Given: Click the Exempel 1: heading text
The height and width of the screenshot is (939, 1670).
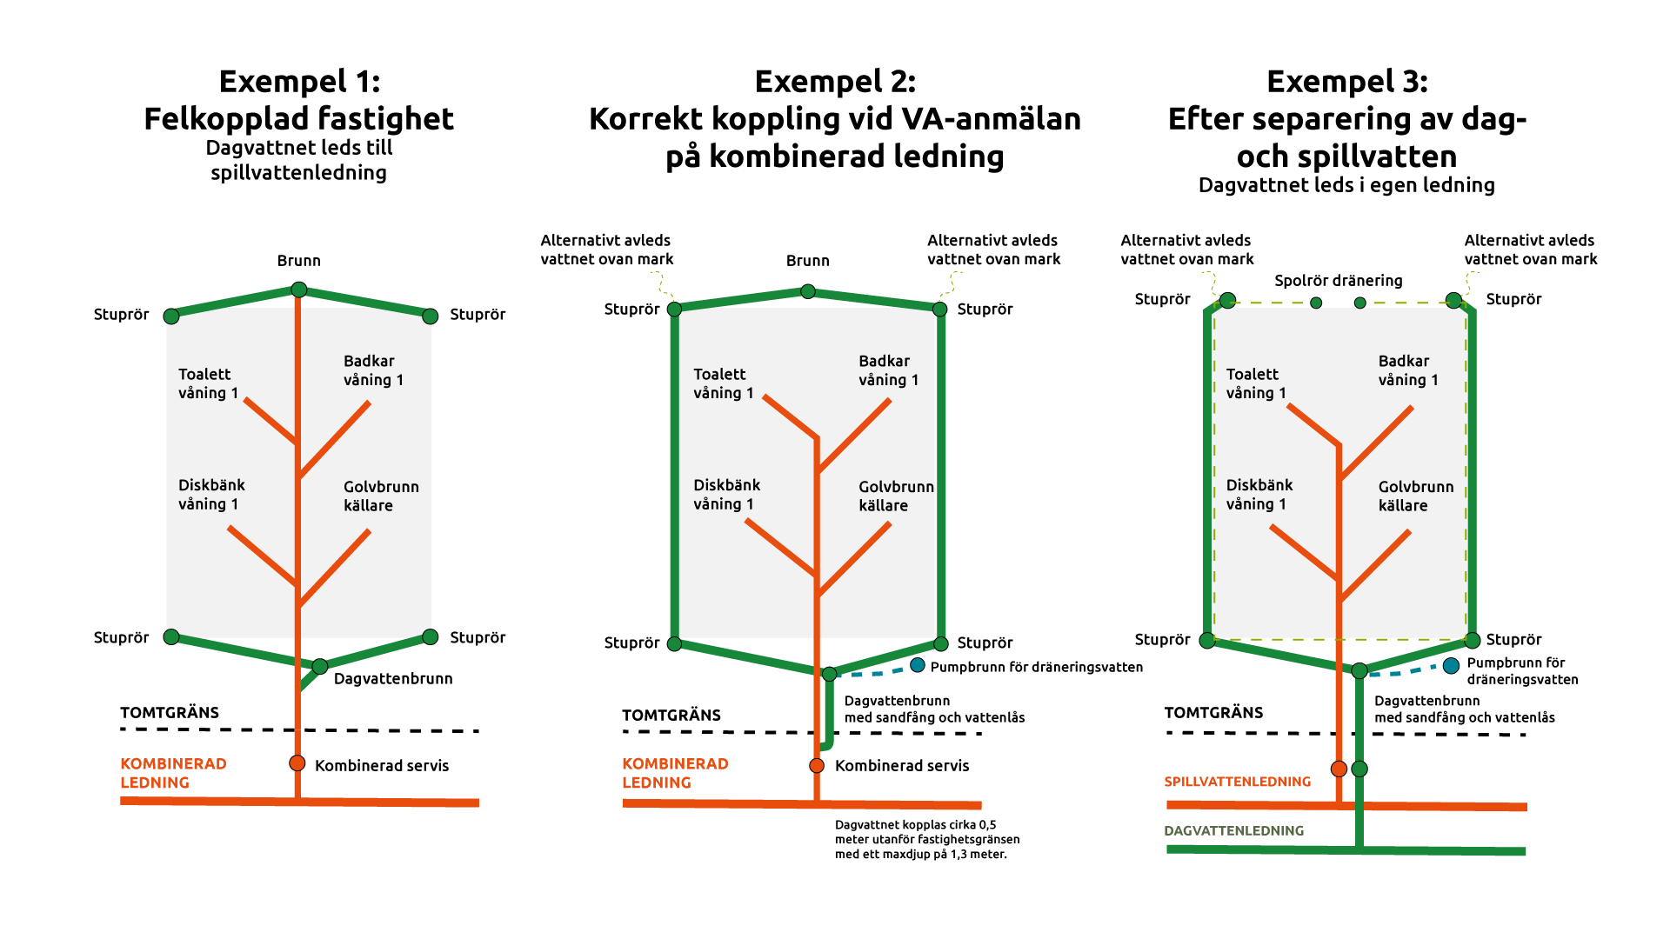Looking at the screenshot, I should tap(299, 82).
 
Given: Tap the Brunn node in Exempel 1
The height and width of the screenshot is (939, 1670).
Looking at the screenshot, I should tap(298, 290).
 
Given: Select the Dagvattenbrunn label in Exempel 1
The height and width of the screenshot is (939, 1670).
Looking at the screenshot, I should tap(393, 678).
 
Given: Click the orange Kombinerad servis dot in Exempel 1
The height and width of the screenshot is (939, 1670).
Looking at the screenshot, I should tap(297, 763).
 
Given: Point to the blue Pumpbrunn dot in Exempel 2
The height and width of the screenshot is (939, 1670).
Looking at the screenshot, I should tap(918, 665).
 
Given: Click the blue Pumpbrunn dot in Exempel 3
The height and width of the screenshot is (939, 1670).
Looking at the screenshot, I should tap(1451, 665).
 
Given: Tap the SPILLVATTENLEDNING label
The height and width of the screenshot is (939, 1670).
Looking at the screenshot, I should tap(1237, 782).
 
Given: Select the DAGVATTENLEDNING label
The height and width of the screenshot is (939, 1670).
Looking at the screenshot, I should tap(1233, 831).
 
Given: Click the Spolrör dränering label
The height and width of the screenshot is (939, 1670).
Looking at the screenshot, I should tap(1338, 281).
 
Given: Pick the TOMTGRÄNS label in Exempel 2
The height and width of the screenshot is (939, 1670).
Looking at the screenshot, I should tap(671, 716).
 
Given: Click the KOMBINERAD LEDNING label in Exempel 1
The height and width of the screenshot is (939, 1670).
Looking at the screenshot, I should tap(173, 773).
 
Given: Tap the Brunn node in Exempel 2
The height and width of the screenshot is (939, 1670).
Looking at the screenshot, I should tap(808, 291).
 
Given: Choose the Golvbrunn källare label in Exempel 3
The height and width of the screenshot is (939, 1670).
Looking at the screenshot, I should tap(1415, 496).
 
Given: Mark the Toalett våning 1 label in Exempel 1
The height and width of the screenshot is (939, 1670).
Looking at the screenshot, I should tap(208, 383).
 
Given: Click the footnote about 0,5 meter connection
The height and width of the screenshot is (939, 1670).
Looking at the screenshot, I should tap(926, 839).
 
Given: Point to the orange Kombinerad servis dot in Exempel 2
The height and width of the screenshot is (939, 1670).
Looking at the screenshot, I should tap(817, 765).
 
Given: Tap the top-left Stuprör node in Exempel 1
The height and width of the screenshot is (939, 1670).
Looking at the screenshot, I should tap(171, 316).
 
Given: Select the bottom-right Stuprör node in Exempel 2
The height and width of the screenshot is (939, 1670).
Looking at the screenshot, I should tap(940, 644).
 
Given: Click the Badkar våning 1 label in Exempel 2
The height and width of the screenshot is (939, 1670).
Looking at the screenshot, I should tap(888, 370).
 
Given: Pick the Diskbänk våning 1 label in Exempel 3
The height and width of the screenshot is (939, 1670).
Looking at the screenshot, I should tap(1259, 494).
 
